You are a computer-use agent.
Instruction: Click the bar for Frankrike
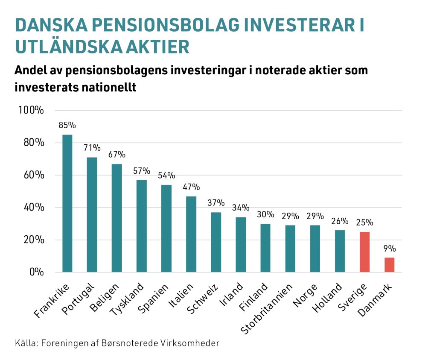click(67, 203)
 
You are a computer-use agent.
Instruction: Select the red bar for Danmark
click(389, 265)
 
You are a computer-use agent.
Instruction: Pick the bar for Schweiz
click(216, 242)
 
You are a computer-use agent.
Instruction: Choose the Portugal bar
click(92, 215)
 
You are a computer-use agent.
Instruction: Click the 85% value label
click(67, 126)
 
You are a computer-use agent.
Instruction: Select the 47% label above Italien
click(191, 187)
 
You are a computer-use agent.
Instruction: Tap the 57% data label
click(142, 171)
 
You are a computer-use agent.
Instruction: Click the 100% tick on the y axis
click(31, 110)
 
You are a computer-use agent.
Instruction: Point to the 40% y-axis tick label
click(33, 208)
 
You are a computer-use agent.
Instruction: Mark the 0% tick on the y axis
click(36, 272)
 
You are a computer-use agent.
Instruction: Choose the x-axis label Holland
click(329, 297)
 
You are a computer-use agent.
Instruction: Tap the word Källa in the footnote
click(25, 343)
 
